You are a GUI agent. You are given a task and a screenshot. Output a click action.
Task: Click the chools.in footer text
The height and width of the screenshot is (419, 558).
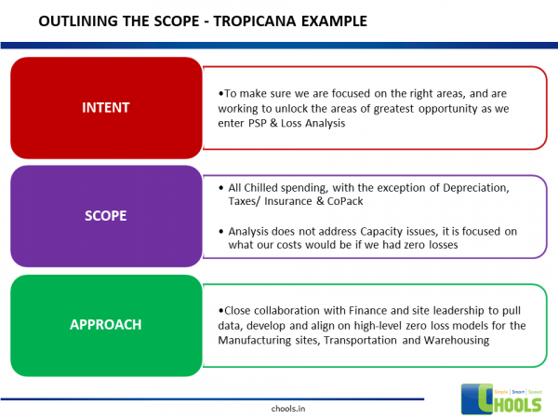tap(276, 407)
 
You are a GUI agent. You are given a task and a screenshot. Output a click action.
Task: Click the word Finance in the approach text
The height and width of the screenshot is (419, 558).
tap(361, 311)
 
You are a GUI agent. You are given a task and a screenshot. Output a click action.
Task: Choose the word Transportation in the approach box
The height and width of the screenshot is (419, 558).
tap(365, 340)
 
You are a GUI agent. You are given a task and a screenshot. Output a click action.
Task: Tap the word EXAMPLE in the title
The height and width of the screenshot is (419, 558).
tap(332, 20)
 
